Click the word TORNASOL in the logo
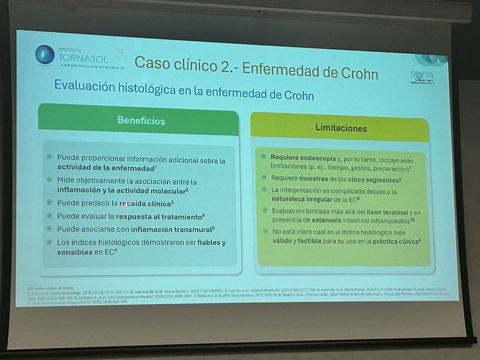83,59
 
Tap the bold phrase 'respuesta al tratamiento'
163,217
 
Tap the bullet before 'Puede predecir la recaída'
49,203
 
